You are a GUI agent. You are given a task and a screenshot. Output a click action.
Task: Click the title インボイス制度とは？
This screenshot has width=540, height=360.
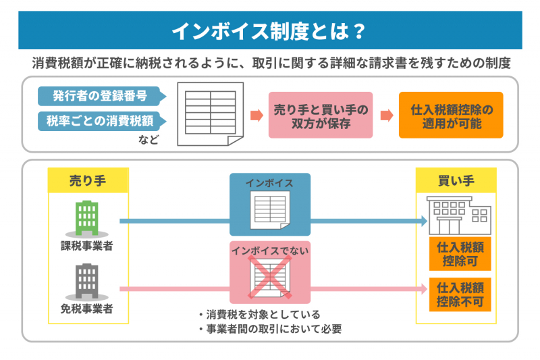pos(269,31)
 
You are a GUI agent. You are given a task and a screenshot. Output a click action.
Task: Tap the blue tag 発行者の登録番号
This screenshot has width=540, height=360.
pos(101,95)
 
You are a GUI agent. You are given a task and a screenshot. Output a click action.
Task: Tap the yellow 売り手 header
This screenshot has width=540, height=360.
pos(88,180)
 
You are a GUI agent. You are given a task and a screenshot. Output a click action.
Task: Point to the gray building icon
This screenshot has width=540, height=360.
pos(87,280)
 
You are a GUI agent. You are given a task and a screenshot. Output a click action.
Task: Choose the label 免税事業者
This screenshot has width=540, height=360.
pos(87,309)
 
